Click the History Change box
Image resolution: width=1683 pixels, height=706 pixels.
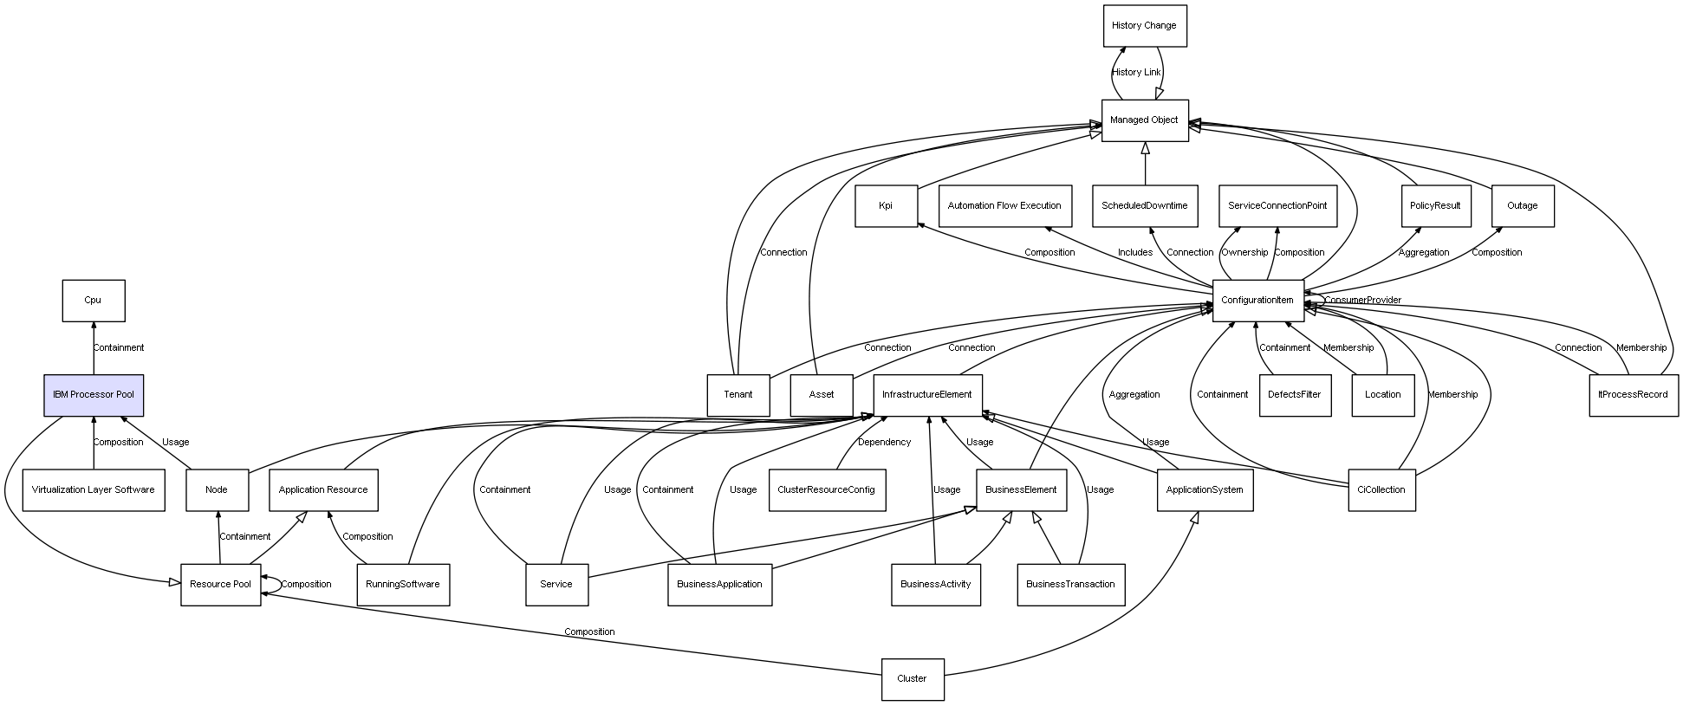pyautogui.click(x=1144, y=26)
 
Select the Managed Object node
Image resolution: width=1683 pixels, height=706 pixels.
pyautogui.click(x=1144, y=120)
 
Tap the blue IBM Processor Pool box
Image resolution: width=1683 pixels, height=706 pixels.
pyautogui.click(x=94, y=395)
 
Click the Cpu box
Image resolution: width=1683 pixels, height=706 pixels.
pyautogui.click(x=93, y=301)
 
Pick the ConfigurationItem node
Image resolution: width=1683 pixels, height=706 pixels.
pyautogui.click(x=1257, y=301)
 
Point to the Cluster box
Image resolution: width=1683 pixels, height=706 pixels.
pyautogui.click(x=912, y=679)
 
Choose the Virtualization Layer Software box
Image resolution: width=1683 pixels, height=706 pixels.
pyautogui.click(x=94, y=490)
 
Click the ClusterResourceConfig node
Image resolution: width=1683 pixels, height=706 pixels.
pyautogui.click(x=826, y=490)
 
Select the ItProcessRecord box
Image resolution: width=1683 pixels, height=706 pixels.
pyautogui.click(x=1633, y=395)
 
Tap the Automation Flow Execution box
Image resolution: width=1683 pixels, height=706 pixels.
pyautogui.click(x=1004, y=206)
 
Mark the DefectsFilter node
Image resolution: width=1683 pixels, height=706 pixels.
pyautogui.click(x=1294, y=395)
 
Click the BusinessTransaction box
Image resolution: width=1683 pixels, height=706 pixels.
pyautogui.click(x=1070, y=585)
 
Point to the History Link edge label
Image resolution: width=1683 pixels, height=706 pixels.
pyautogui.click(x=1136, y=73)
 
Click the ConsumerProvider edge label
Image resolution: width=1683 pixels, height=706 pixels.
pyautogui.click(x=1362, y=301)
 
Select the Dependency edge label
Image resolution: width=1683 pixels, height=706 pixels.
pyautogui.click(x=884, y=443)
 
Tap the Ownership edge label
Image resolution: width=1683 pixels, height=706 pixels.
pyautogui.click(x=1244, y=253)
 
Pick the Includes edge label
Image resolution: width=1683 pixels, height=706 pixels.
pyautogui.click(x=1135, y=253)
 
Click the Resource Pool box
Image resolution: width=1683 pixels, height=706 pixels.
pyautogui.click(x=220, y=585)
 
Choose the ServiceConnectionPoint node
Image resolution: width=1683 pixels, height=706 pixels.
pyautogui.click(x=1277, y=206)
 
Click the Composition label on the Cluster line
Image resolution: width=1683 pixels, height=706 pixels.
pyautogui.click(x=589, y=632)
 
